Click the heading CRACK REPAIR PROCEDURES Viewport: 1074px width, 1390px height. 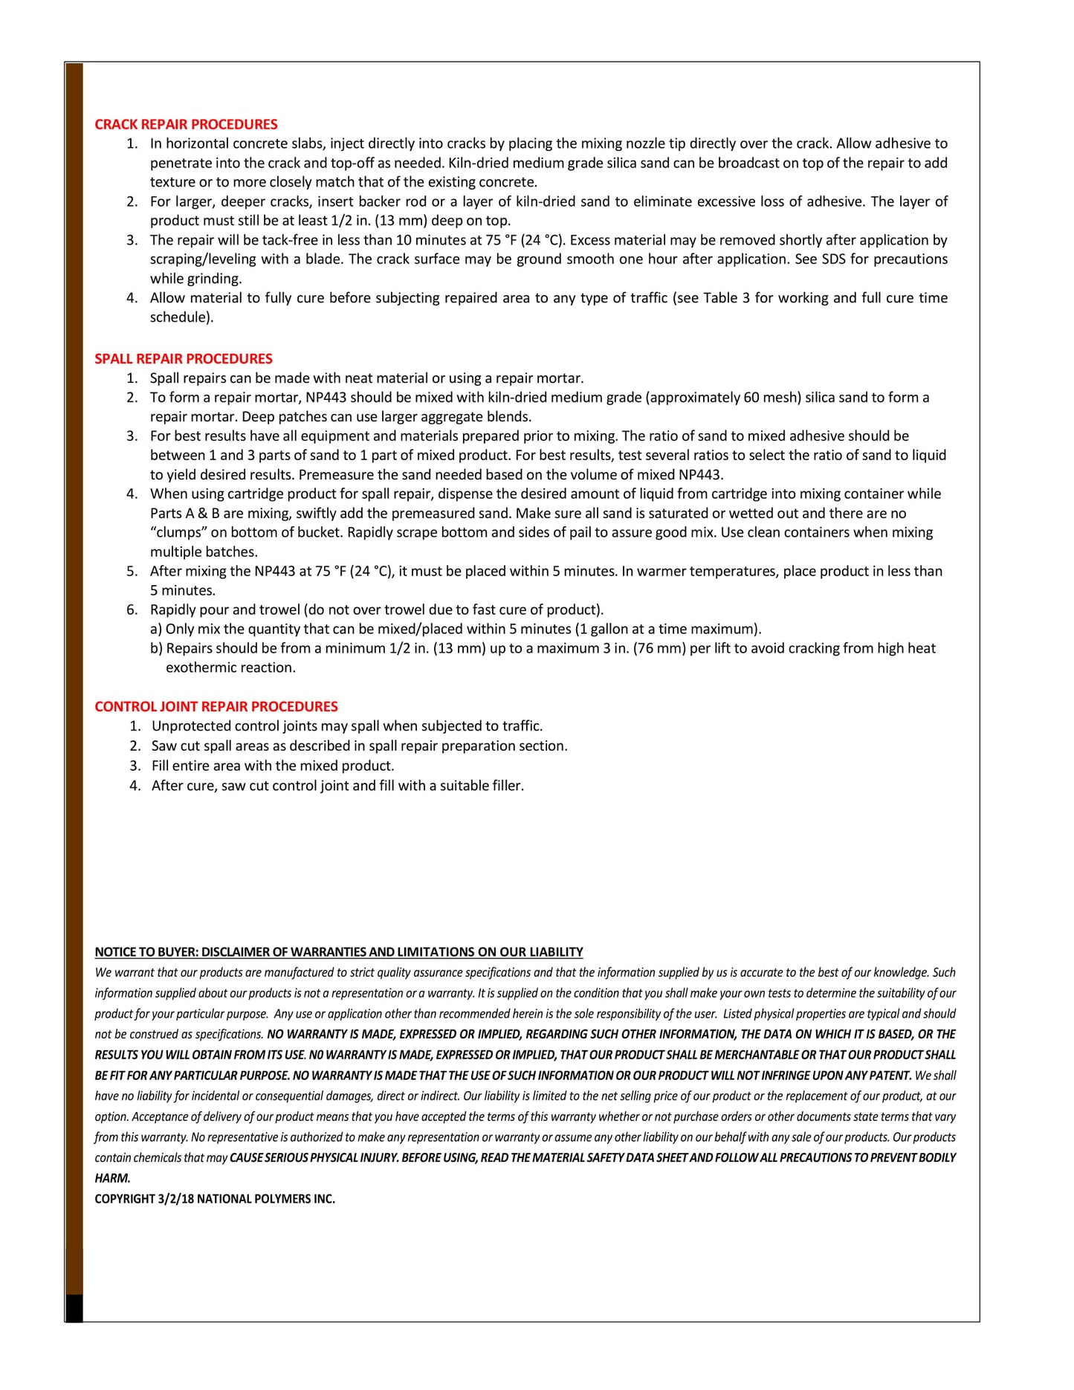(x=186, y=125)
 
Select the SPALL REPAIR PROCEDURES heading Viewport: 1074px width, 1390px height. (x=184, y=359)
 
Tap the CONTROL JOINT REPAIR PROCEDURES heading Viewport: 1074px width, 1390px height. (x=216, y=707)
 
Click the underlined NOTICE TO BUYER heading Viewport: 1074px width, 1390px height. (x=339, y=952)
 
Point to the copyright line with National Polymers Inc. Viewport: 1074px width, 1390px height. (x=215, y=1199)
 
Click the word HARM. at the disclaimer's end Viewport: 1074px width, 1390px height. (x=112, y=1178)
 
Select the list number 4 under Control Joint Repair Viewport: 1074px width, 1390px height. (x=135, y=786)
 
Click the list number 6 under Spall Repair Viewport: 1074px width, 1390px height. (x=132, y=610)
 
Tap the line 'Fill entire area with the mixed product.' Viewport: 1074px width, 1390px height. (x=273, y=766)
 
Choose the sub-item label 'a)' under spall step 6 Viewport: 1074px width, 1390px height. (x=156, y=630)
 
